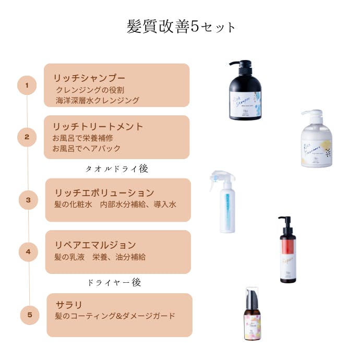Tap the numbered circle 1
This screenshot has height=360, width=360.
pyautogui.click(x=27, y=85)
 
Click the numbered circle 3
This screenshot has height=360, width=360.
pyautogui.click(x=29, y=199)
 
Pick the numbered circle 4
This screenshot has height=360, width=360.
pyautogui.click(x=29, y=252)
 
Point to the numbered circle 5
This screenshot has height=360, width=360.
pyautogui.click(x=30, y=315)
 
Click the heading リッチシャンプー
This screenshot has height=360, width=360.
pyautogui.click(x=89, y=78)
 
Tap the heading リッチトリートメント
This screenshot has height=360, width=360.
pyautogui.click(x=98, y=127)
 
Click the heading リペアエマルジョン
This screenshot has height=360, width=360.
pyautogui.click(x=95, y=245)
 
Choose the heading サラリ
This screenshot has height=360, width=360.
pyautogui.click(x=69, y=304)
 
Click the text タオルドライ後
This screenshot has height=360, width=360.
pyautogui.click(x=117, y=169)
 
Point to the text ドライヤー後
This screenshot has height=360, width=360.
pyautogui.click(x=114, y=282)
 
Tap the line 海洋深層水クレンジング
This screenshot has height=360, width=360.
pyautogui.click(x=98, y=100)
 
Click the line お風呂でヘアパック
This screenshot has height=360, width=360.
pyautogui.click(x=87, y=148)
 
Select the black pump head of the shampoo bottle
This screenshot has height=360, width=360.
pyautogui.click(x=242, y=66)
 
